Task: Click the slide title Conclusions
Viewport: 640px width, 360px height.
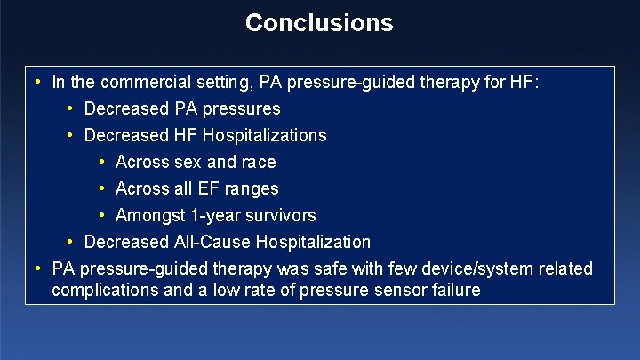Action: (319, 22)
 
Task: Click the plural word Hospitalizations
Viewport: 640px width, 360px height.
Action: (264, 136)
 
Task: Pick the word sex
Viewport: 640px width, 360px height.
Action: (188, 163)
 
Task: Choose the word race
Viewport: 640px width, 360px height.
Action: (259, 163)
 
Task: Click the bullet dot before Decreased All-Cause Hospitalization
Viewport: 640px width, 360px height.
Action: (70, 242)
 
